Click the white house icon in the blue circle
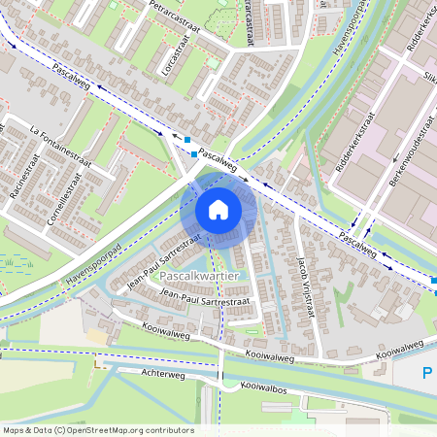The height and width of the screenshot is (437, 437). tap(218, 210)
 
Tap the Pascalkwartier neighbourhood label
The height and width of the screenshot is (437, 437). tap(198, 277)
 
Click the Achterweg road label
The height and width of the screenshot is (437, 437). tap(162, 372)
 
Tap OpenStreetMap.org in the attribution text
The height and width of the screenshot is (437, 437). tap(108, 429)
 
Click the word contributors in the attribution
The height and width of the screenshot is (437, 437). tap(166, 429)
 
